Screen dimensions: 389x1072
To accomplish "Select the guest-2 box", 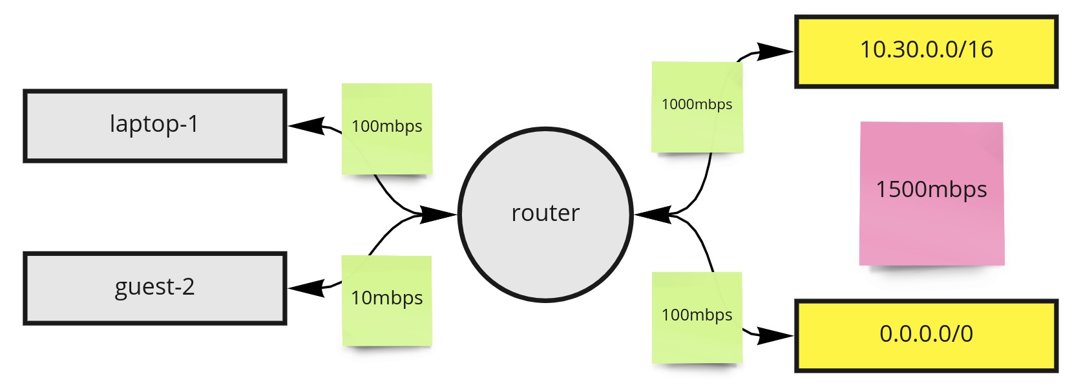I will (x=154, y=288).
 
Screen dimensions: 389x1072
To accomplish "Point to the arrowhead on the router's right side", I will (x=653, y=214).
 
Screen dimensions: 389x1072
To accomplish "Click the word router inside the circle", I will (x=545, y=213).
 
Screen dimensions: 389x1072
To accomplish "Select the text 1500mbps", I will (x=931, y=190).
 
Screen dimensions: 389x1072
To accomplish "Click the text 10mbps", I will (x=386, y=298).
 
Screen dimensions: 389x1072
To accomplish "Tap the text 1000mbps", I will (x=697, y=104).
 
